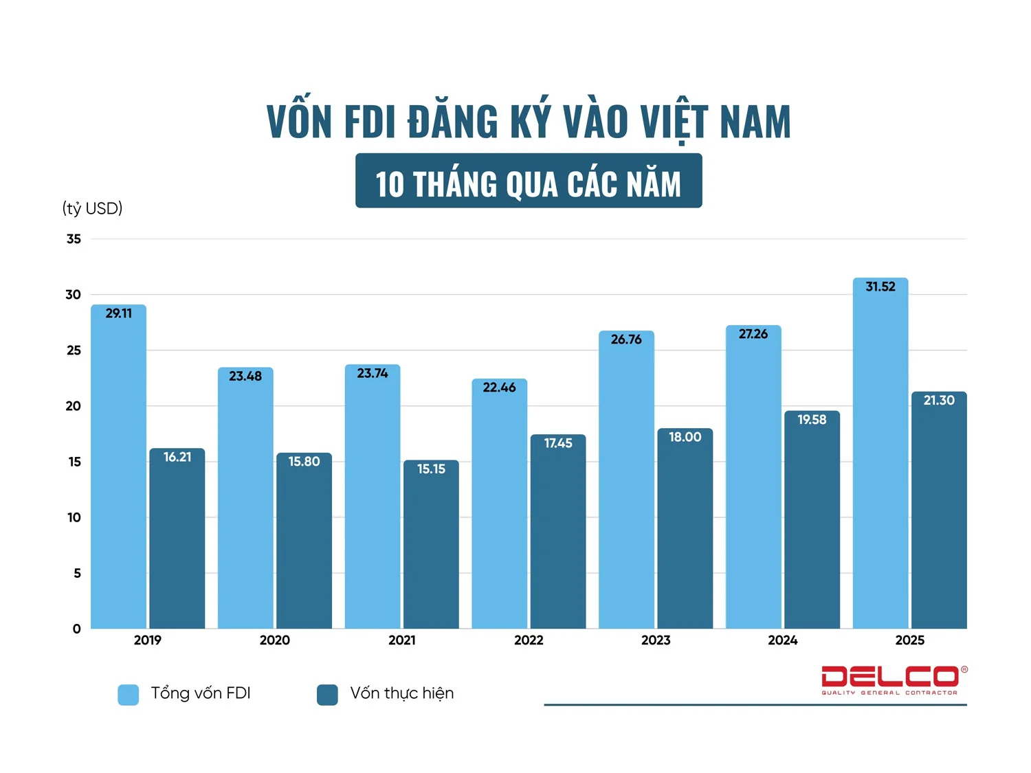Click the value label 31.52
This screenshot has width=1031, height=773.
(x=880, y=287)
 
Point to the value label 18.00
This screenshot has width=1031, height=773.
(x=685, y=437)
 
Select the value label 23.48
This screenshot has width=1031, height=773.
(x=245, y=376)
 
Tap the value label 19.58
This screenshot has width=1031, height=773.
(x=812, y=419)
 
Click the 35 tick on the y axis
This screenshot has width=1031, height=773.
(x=74, y=239)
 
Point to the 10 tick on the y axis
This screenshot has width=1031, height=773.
(x=74, y=517)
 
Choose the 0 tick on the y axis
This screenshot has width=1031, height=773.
(x=76, y=629)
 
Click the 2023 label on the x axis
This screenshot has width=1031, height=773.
(x=656, y=640)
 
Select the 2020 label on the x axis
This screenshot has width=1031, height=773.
(x=274, y=640)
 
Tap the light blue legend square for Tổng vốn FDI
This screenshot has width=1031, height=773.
(x=129, y=695)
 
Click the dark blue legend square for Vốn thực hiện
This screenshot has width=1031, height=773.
(x=327, y=695)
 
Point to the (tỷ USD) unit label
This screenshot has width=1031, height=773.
(x=92, y=208)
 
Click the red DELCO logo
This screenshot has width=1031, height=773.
(x=890, y=677)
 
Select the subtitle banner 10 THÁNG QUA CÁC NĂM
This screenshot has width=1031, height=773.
(x=529, y=181)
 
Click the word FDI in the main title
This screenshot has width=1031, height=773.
(x=370, y=122)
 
